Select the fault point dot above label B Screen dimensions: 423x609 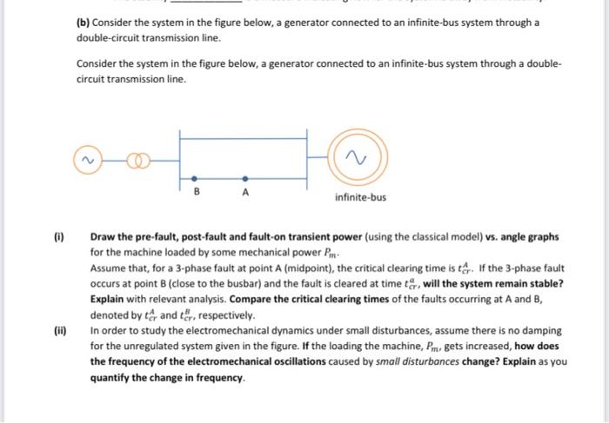[x=193, y=175]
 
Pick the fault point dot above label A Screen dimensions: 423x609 [x=245, y=175]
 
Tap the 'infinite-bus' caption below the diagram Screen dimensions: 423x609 [x=359, y=196]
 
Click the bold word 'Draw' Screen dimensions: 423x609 [x=104, y=236]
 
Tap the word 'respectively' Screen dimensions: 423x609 [x=222, y=315]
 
